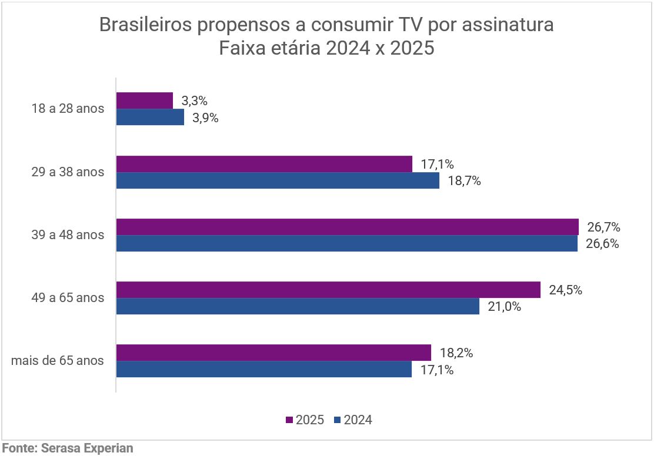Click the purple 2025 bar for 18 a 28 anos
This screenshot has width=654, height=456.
click(x=145, y=100)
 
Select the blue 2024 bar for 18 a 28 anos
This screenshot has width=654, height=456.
click(x=150, y=118)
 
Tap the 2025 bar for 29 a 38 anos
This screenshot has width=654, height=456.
click(x=264, y=164)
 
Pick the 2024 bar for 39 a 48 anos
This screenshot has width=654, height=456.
click(x=347, y=244)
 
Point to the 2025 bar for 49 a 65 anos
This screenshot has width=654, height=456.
click(x=328, y=290)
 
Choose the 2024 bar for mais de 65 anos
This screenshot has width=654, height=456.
click(x=263, y=369)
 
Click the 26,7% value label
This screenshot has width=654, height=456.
click(x=603, y=227)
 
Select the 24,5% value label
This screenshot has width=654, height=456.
click(x=565, y=290)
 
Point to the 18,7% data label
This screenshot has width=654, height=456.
click(x=464, y=181)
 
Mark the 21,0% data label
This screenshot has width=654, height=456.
click(x=504, y=306)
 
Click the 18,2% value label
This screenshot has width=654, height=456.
click(x=456, y=353)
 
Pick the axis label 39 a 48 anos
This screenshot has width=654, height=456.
click(x=68, y=235)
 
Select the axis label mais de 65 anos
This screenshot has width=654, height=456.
click(x=58, y=361)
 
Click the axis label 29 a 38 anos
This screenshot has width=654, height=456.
click(x=68, y=172)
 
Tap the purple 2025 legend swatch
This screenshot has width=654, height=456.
click(x=289, y=420)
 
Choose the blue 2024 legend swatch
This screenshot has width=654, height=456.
click(x=337, y=420)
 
